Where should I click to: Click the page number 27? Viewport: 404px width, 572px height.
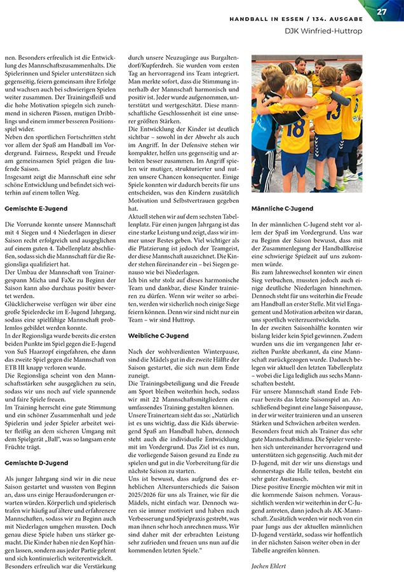coord(382,11)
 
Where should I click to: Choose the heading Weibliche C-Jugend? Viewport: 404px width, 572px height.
coord(158,335)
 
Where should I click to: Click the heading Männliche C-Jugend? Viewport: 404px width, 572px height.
coord(282,208)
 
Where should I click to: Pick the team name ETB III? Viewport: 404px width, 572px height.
coord(15,368)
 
